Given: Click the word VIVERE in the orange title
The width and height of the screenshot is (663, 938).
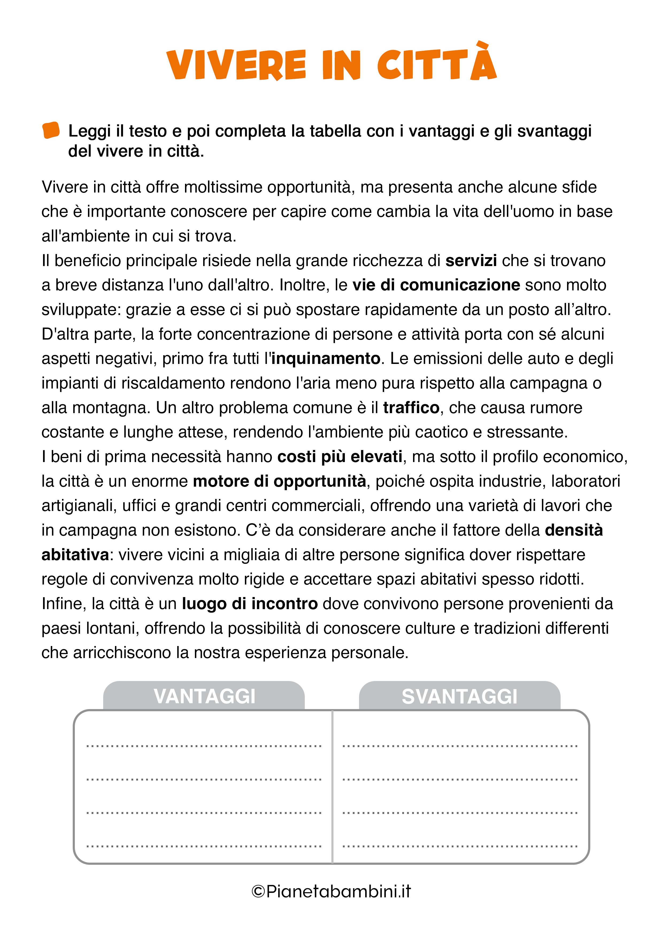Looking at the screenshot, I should [x=236, y=65].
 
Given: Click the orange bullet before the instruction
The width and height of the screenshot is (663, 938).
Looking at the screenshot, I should [x=51, y=130].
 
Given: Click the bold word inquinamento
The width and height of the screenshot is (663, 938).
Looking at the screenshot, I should [x=326, y=359].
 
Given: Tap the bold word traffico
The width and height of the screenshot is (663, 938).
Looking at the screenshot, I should [x=411, y=408].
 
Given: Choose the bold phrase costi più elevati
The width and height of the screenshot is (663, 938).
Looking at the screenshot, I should [x=340, y=457].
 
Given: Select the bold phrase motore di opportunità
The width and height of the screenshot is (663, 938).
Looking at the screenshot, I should [x=279, y=481].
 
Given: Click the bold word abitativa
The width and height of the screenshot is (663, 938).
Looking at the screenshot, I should [x=75, y=555].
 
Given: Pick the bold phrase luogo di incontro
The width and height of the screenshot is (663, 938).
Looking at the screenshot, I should [x=250, y=604].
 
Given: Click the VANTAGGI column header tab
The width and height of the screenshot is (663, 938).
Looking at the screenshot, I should [x=204, y=696].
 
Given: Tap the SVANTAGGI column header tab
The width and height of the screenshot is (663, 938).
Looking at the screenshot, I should [x=459, y=696].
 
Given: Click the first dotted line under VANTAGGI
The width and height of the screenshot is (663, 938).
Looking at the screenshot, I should [x=204, y=746].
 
